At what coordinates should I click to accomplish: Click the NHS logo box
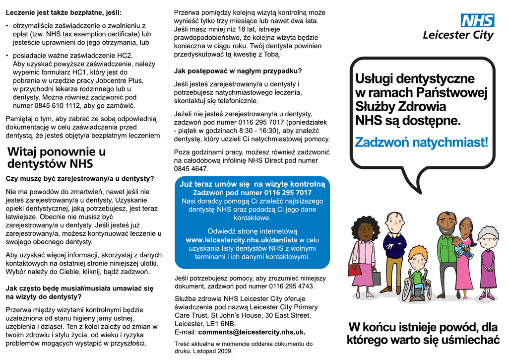477,20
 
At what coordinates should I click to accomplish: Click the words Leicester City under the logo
458,35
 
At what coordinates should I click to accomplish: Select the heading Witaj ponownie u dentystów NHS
57,157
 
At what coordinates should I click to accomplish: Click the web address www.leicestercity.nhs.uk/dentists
241,240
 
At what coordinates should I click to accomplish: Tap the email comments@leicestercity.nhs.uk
252,332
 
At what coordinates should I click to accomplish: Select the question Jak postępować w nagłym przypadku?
238,71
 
